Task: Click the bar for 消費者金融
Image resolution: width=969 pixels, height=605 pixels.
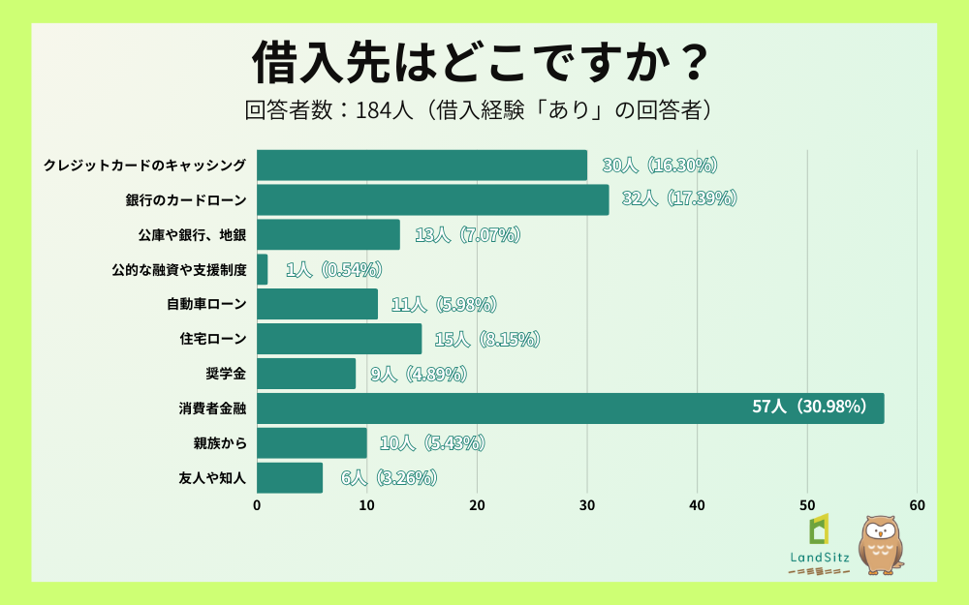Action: click(x=570, y=408)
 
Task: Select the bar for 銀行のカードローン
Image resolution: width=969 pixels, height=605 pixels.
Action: click(x=433, y=199)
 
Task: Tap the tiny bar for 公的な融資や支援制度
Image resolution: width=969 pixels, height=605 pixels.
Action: click(x=263, y=269)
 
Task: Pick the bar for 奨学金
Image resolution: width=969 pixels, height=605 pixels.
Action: click(x=306, y=373)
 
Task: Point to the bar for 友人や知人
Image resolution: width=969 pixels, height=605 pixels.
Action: click(x=290, y=477)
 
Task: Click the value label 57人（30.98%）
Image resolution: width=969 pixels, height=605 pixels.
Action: click(x=809, y=408)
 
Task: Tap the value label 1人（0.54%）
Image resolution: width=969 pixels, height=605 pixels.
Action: click(x=333, y=269)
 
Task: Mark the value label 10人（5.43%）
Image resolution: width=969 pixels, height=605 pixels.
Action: click(x=431, y=442)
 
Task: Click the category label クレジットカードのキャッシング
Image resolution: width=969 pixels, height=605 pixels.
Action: click(x=145, y=166)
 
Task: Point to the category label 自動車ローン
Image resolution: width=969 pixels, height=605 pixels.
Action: click(x=206, y=304)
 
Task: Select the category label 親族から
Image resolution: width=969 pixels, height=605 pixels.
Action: click(x=220, y=442)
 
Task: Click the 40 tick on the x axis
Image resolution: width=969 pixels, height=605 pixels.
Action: click(x=698, y=505)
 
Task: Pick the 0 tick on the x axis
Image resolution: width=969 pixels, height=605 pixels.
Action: click(x=257, y=505)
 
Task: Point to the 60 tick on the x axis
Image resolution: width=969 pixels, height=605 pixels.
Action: click(x=918, y=505)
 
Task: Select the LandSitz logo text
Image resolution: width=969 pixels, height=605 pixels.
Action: click(x=819, y=557)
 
